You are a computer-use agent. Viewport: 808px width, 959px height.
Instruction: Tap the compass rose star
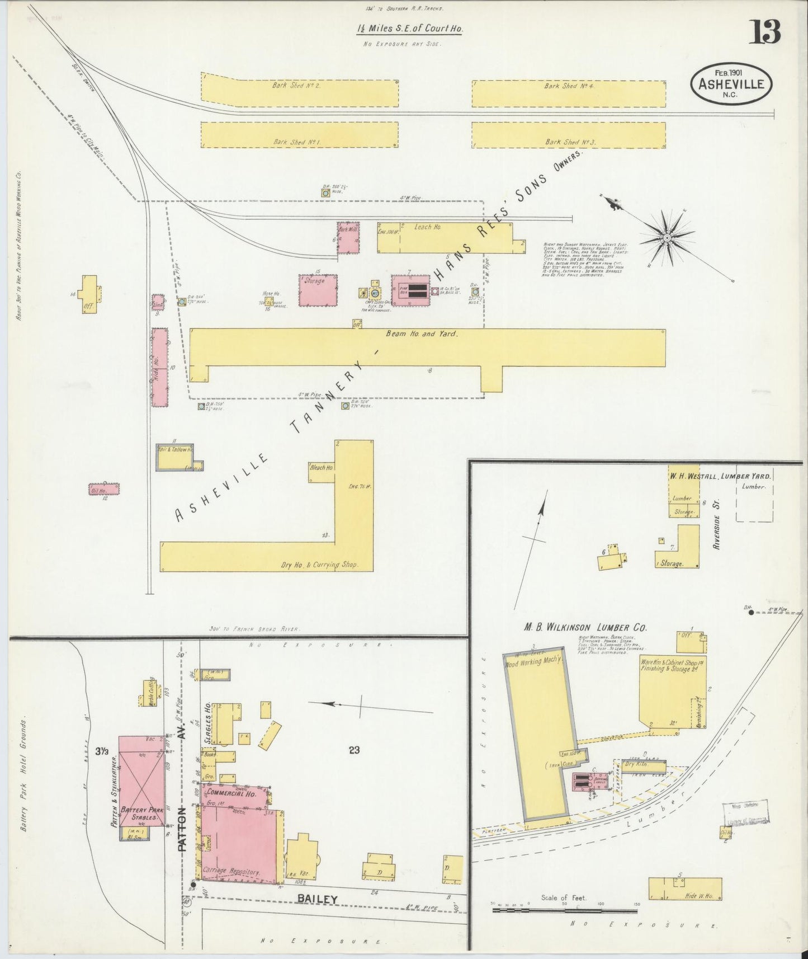(667, 239)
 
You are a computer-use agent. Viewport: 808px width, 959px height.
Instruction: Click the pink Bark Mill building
(348, 239)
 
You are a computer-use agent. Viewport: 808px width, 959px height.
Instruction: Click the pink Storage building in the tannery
(318, 290)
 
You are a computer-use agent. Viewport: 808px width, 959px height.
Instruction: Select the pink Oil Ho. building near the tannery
(105, 490)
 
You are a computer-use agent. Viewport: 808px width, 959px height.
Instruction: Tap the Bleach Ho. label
(322, 467)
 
